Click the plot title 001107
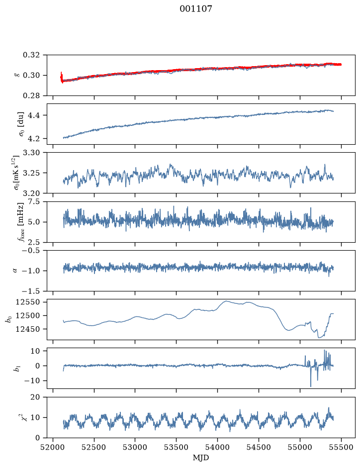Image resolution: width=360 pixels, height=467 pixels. tap(195, 9)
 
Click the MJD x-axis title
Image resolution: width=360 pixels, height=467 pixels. tap(201, 458)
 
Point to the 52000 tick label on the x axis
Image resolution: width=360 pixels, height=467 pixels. tap(53, 447)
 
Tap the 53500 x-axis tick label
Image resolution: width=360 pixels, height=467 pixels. tap(177, 447)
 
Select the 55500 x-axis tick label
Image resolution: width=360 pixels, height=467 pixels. tap(341, 447)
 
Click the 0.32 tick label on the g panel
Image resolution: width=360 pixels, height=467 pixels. tap(31, 55)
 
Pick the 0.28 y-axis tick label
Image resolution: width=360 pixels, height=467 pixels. tap(31, 95)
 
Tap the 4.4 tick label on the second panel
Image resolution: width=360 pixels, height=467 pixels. tap(34, 115)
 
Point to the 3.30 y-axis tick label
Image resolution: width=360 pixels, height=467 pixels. tap(31, 153)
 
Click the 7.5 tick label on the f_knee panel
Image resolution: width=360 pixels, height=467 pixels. tap(34, 202)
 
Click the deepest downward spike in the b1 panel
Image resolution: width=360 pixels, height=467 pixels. tap(311, 386)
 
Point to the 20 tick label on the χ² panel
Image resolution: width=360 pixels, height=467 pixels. tap(35, 397)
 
